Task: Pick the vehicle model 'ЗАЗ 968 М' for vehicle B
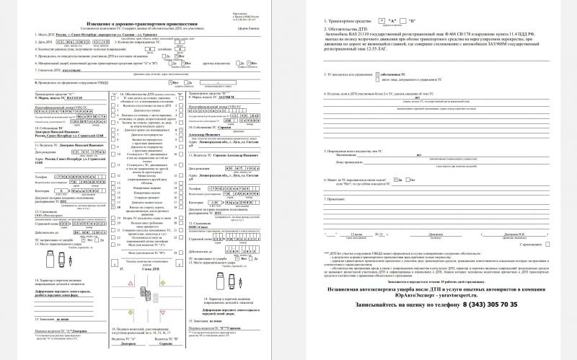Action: [x=217, y=98]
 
